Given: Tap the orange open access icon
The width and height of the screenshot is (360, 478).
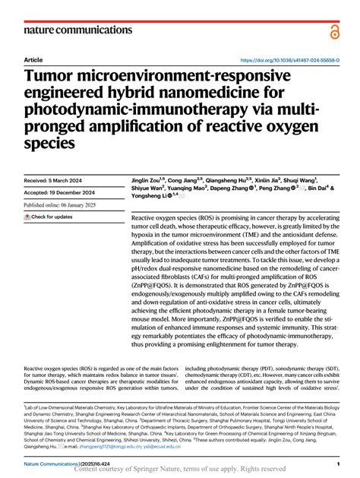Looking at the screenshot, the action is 333,30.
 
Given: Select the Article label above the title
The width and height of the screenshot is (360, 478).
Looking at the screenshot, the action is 33,59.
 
